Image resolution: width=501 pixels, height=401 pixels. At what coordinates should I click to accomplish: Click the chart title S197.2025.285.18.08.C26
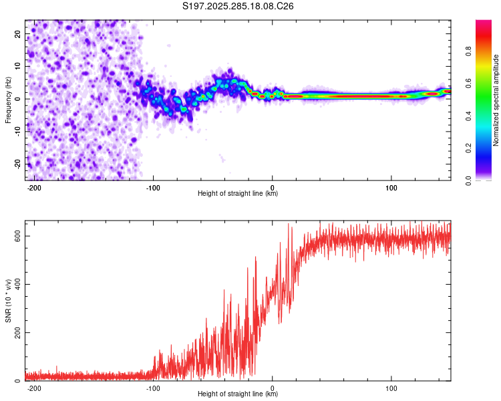238,6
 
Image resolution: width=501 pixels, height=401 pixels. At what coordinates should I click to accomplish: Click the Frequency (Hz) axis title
8,100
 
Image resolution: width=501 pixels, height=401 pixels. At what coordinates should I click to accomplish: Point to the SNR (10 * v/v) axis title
8,305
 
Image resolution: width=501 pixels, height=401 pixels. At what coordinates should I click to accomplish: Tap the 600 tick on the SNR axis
19,236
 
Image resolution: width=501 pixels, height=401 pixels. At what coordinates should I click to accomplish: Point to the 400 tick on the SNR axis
19,284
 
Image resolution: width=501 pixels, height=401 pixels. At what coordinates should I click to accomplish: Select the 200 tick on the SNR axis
19,332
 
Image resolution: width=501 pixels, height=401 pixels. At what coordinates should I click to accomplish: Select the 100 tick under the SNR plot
391,388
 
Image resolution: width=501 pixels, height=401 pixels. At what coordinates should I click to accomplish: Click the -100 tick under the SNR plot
153,388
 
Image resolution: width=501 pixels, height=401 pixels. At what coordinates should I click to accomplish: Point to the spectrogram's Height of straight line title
238,194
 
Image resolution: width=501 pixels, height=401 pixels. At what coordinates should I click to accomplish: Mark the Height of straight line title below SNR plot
238,394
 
